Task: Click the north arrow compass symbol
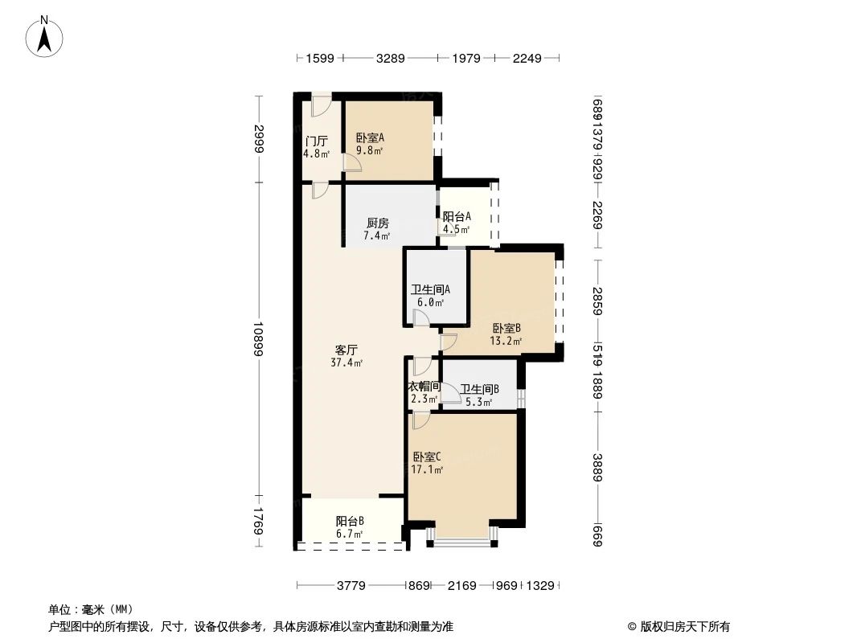pos(44,36)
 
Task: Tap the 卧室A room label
pos(370,137)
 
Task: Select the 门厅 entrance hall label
pos(316,141)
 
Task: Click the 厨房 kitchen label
pos(377,223)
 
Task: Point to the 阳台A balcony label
pos(457,216)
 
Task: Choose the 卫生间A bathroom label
pos(430,290)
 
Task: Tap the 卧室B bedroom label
pos(507,328)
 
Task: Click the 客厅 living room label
pos(346,350)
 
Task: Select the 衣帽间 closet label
pos(424,387)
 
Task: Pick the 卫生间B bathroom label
pos(479,389)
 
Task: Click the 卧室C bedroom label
pos(426,457)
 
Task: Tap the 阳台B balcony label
pos(350,520)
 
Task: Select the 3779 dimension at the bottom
pos(351,586)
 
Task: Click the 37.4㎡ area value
pos(346,362)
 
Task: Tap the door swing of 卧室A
pos(352,162)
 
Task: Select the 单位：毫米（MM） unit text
pos(91,609)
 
